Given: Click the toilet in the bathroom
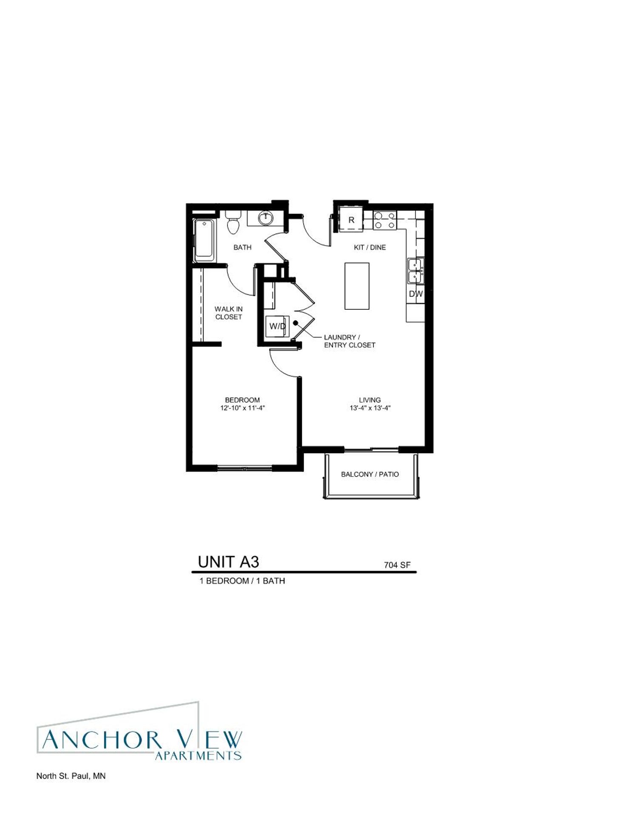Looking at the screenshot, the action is click(x=233, y=222).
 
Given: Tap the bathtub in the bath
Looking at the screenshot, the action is click(x=205, y=240).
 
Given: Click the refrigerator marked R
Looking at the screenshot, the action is click(x=351, y=220).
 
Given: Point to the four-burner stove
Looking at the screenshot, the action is click(x=385, y=220).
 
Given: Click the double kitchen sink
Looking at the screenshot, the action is click(x=415, y=271).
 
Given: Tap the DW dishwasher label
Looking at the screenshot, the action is click(x=416, y=294).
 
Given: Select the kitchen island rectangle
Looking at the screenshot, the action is click(x=356, y=286).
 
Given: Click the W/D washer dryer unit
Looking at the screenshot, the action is click(x=278, y=327).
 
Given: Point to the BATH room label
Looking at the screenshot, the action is click(x=242, y=247).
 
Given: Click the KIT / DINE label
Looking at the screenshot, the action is click(x=370, y=247).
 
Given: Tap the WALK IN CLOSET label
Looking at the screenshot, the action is click(x=228, y=313).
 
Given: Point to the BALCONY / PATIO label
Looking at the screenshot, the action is click(x=370, y=474).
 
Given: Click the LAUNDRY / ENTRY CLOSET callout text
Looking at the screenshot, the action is click(x=350, y=341).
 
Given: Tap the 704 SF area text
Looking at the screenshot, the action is click(x=397, y=565).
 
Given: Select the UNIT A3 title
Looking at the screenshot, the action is click(x=228, y=562).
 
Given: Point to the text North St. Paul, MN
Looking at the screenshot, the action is click(x=71, y=776).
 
